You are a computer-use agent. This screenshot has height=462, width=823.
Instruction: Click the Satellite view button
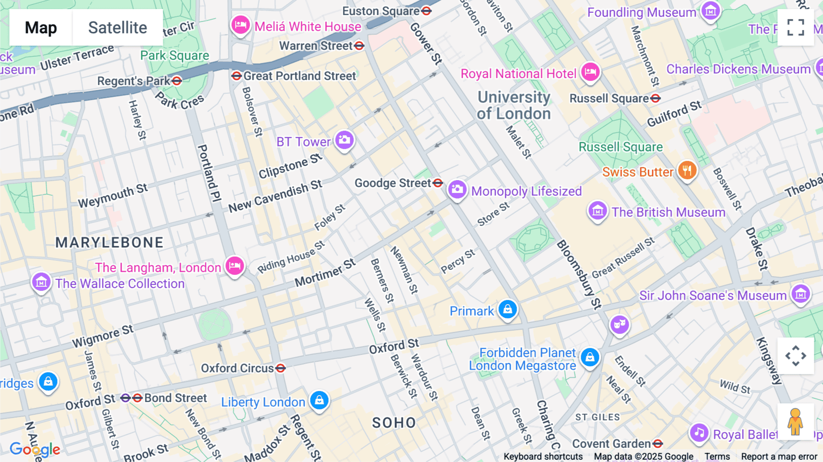[118, 27]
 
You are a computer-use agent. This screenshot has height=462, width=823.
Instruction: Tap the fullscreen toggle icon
[796, 27]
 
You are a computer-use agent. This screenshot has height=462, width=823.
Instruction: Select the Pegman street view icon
[795, 421]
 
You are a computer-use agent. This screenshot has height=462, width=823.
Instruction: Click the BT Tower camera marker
[344, 140]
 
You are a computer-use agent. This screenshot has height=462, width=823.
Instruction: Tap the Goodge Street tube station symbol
[438, 183]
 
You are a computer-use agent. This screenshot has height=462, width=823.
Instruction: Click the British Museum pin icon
[597, 211]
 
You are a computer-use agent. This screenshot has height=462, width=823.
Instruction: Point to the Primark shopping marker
[508, 310]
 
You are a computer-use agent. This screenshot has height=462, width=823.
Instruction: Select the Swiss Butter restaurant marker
[687, 171]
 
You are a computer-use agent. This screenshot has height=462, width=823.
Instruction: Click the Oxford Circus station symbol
[281, 368]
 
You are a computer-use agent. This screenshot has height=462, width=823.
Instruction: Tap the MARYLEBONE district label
[109, 242]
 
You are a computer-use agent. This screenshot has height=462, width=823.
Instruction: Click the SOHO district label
[394, 423]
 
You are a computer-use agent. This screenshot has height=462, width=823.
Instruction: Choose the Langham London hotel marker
[235, 266]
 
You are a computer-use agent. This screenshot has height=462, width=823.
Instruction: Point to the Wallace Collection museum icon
[41, 282]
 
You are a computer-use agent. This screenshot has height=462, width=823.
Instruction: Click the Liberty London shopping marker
[319, 400]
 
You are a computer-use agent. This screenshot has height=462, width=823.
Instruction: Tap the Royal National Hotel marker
[590, 72]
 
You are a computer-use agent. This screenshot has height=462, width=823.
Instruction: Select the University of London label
[514, 105]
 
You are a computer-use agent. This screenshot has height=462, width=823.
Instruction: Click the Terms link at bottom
[717, 457]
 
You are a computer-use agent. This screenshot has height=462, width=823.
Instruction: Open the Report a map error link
[779, 457]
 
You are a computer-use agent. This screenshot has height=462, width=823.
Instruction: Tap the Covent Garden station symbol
[657, 444]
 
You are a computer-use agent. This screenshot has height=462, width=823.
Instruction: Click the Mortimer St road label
[325, 274]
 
